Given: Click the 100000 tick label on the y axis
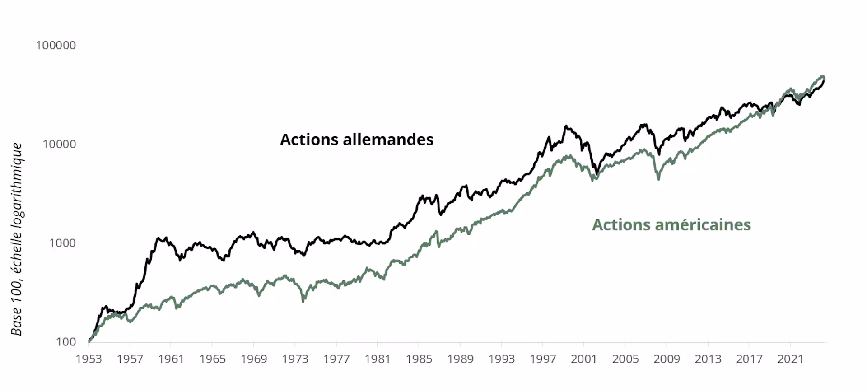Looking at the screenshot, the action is click(56, 46).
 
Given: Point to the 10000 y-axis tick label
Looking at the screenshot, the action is click(59, 145).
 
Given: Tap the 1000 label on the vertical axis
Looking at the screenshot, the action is click(62, 243).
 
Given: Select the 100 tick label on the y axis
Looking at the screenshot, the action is click(66, 342).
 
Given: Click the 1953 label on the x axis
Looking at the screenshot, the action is click(89, 359).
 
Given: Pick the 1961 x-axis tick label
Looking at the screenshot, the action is click(171, 359).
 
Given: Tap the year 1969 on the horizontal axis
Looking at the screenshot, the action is click(254, 359).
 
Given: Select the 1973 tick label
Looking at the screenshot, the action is click(295, 359).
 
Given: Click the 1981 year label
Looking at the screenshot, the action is click(378, 359).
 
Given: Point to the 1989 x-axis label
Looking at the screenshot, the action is click(460, 359).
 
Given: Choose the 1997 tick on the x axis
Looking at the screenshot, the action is click(543, 359).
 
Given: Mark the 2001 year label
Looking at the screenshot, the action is click(584, 359).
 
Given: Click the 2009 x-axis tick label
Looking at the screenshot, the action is click(667, 359).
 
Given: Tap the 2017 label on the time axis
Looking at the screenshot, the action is click(749, 359).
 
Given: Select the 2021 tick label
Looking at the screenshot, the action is click(790, 359).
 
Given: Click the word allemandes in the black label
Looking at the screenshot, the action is click(388, 140).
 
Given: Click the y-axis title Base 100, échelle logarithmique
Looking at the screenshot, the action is click(17, 239).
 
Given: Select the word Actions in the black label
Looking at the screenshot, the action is click(309, 140).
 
